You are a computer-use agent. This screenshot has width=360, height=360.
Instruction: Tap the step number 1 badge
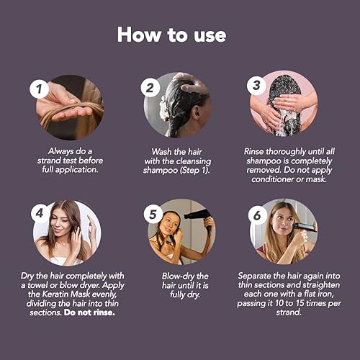pos(40,89)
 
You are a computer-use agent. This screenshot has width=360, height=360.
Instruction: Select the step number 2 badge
pos(150,88)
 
